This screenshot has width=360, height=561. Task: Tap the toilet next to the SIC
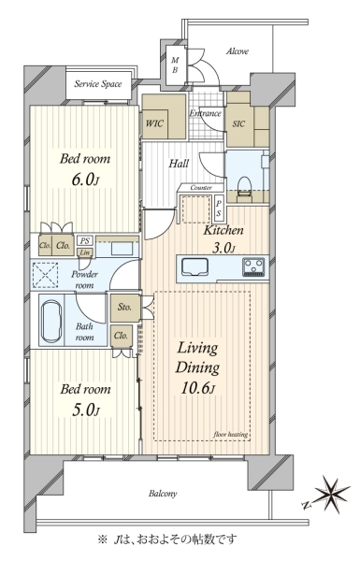246,187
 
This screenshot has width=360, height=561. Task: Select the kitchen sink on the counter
194,266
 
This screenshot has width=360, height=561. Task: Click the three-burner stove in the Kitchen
253,266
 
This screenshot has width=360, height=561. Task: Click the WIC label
154,123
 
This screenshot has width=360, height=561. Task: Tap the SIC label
238,123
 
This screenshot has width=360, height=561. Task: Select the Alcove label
238,51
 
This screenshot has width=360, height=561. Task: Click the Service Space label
97,84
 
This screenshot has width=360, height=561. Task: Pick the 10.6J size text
197,388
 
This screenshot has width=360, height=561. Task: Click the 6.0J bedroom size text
85,180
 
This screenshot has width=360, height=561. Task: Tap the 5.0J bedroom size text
85,410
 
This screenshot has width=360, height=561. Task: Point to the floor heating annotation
231,435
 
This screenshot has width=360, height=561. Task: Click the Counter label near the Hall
201,188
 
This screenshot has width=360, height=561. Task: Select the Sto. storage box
125,308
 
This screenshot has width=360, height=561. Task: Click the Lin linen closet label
85,252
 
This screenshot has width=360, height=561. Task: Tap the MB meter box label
175,65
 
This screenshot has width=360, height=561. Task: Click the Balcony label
163,494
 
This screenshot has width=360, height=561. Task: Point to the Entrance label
205,113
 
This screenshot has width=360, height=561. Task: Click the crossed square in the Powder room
46,275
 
